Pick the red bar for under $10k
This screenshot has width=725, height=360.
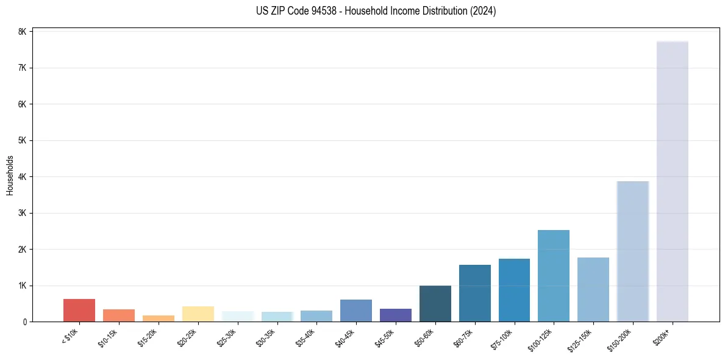coord(79,310)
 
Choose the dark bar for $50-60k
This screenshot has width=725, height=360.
coord(435,303)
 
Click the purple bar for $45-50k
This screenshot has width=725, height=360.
coord(396,315)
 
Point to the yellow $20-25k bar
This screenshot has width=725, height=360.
coord(198,314)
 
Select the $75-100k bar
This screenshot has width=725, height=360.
coord(514,290)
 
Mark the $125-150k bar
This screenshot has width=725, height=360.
coord(593,289)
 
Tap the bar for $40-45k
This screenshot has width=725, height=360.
coord(356,311)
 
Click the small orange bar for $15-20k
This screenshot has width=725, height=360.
coord(159,318)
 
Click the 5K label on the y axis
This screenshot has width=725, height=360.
coord(22,140)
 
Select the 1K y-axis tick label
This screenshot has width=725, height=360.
coord(22,286)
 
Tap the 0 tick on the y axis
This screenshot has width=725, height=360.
coord(24,322)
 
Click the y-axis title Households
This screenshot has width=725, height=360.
coord(10,175)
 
